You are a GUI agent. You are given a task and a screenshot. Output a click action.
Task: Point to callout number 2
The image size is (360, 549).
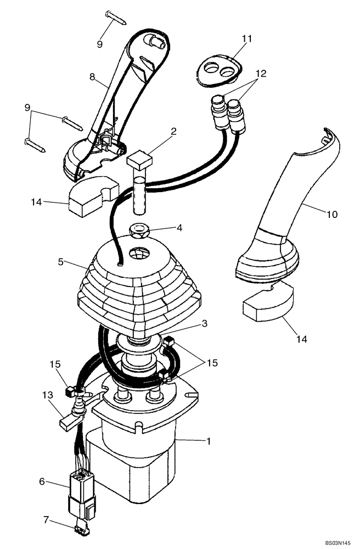click(x=158, y=131)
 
